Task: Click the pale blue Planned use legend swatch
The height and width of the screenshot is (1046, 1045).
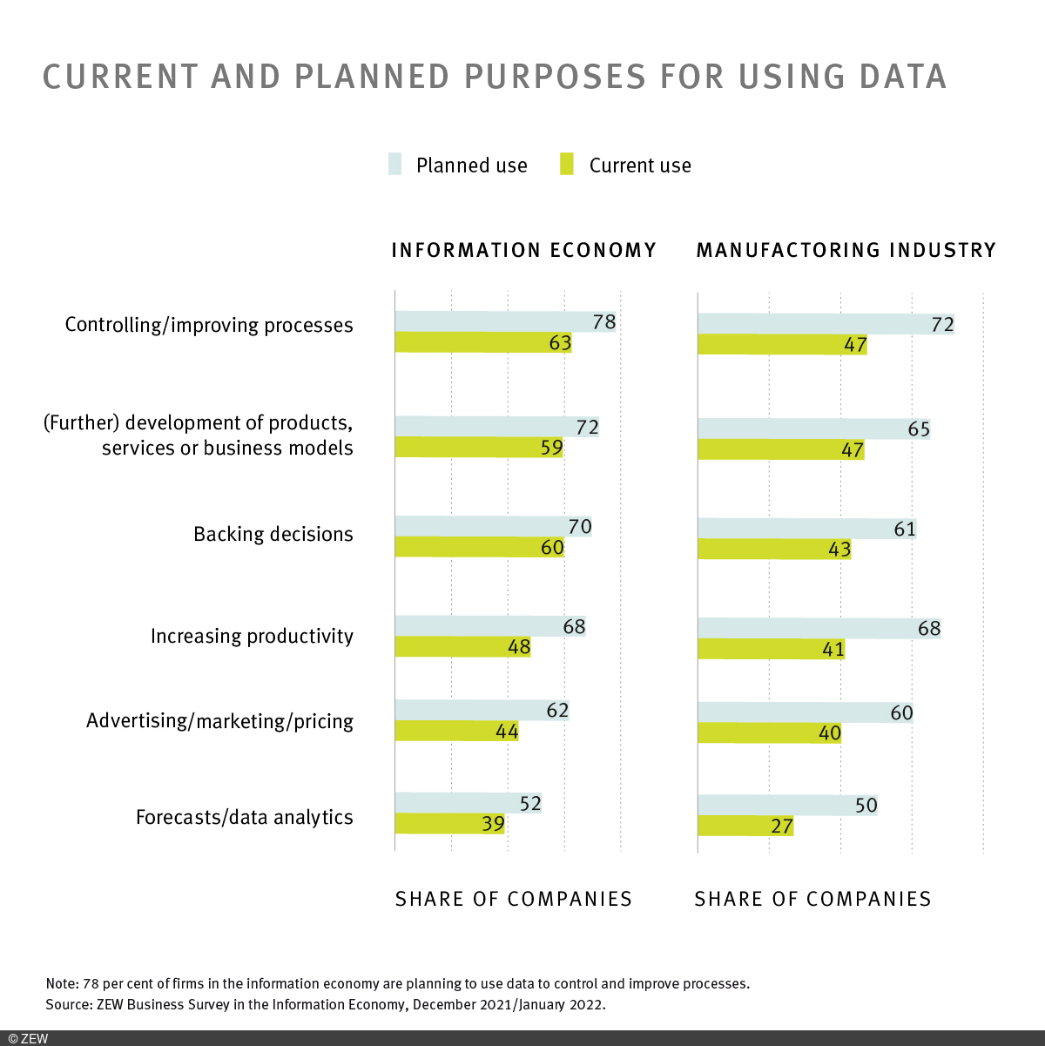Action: tap(395, 165)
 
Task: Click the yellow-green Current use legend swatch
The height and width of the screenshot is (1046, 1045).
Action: tap(567, 165)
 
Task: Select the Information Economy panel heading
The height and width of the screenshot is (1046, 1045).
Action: tap(523, 251)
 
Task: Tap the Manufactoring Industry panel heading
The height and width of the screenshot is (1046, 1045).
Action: tap(846, 251)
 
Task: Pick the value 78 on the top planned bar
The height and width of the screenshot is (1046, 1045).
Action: tap(603, 322)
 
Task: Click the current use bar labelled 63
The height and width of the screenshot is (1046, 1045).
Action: tap(482, 342)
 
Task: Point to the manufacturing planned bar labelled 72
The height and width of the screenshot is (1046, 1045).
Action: tap(825, 324)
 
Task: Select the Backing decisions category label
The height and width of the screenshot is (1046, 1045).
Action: tap(273, 535)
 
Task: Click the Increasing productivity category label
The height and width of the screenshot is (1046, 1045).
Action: tap(252, 637)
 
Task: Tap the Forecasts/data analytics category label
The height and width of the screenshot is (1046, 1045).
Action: tap(244, 818)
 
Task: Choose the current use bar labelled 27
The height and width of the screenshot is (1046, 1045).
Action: tap(745, 825)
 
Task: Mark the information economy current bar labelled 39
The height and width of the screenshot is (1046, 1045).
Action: tap(449, 823)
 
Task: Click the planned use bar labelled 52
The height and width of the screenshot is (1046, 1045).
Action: tap(468, 802)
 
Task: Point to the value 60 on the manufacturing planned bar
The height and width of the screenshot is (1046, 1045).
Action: tap(901, 713)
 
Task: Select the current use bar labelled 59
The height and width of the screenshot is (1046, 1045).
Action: tap(478, 448)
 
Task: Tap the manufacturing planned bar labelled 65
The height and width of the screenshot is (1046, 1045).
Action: tap(813, 429)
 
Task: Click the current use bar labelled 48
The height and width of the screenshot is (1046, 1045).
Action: tap(462, 647)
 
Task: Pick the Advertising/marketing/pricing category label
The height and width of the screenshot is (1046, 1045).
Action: tap(219, 722)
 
